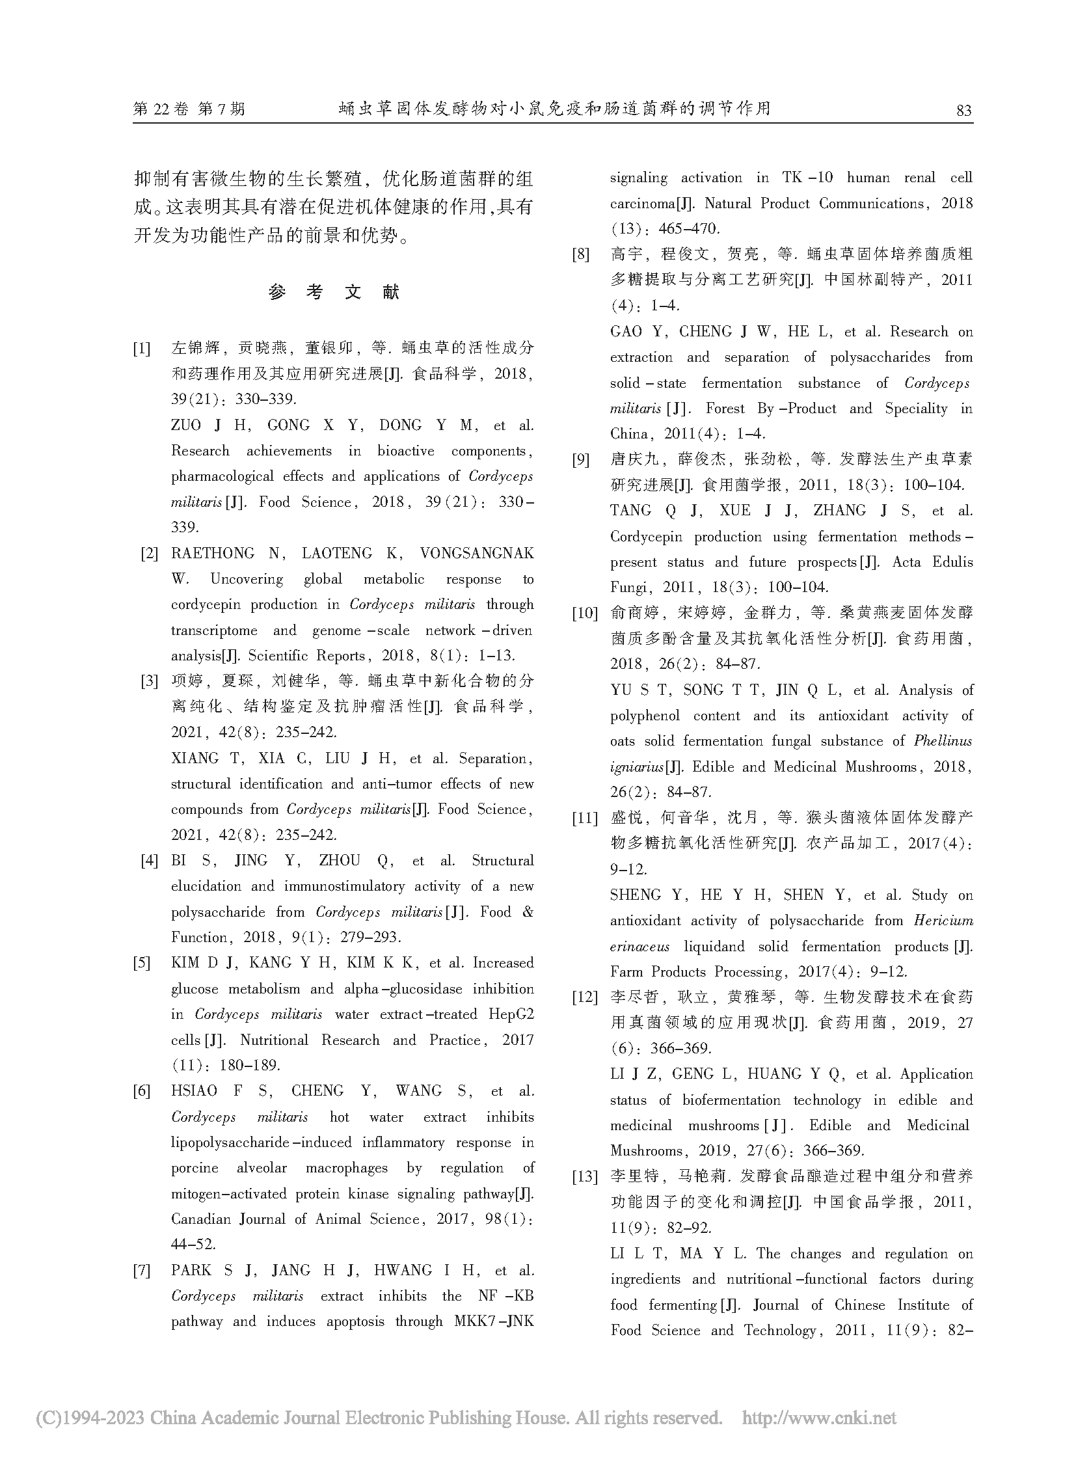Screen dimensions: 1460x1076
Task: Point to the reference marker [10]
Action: pyautogui.click(x=584, y=613)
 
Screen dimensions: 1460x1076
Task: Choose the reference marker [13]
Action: pyautogui.click(x=584, y=1176)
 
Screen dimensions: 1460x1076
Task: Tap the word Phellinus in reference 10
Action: pyautogui.click(x=943, y=742)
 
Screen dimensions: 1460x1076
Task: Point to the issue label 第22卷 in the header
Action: pyautogui.click(x=161, y=109)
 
